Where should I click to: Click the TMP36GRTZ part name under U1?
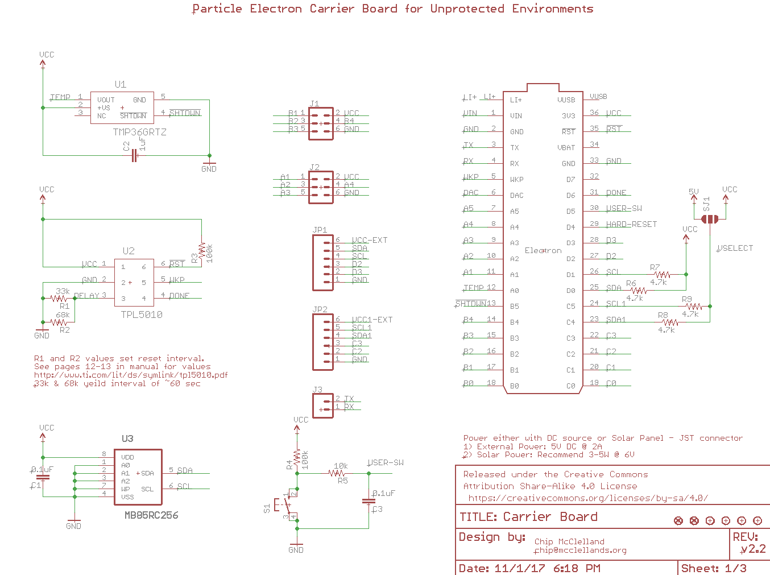(139, 132)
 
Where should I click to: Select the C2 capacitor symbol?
(134, 155)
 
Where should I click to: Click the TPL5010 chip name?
(142, 315)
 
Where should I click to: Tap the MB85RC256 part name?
(151, 515)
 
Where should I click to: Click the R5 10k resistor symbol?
(338, 473)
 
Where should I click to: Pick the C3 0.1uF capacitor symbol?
(369, 501)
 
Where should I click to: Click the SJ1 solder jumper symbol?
(710, 219)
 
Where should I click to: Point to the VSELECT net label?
(735, 249)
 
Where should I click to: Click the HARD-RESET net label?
(631, 225)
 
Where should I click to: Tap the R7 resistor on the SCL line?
(663, 274)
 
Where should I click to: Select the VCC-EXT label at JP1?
(370, 241)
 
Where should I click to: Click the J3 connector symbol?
(322, 406)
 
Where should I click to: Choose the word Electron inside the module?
(543, 251)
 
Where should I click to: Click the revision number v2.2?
(754, 549)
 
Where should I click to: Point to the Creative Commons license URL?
(588, 498)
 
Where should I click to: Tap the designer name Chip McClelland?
(569, 542)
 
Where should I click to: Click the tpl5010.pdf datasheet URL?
(131, 375)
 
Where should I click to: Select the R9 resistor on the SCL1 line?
(694, 306)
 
